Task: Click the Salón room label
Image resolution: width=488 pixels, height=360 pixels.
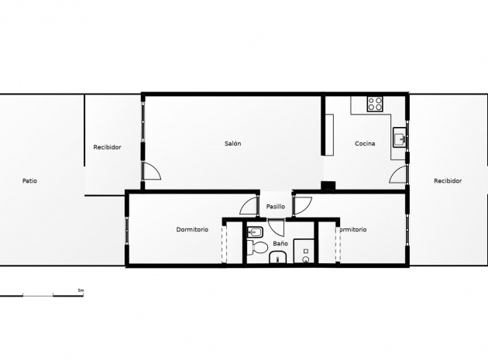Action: coord(232,143)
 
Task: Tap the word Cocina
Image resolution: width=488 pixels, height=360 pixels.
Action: coord(366,143)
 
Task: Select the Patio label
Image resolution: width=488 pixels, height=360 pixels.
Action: coord(29,180)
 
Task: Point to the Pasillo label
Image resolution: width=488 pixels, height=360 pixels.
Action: coord(276,207)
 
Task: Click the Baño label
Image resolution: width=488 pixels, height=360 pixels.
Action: coord(280,243)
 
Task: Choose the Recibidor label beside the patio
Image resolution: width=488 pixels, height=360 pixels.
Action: coord(107,146)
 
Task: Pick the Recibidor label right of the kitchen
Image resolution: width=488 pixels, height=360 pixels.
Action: coord(448,180)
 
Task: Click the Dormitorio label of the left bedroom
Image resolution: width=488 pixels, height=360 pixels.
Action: coord(192,229)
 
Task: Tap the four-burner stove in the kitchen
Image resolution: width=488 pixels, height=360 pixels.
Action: coord(376,103)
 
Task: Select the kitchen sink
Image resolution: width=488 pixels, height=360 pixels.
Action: coord(400,139)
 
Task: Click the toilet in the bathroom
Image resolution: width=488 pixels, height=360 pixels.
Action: coord(258,248)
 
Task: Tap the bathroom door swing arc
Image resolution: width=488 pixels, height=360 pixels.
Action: coord(277,231)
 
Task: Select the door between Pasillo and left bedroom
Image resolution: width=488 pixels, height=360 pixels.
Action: coord(249,207)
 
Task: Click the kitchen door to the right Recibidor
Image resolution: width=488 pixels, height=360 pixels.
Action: coord(400,175)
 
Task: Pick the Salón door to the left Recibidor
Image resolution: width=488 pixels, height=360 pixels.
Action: coord(150,172)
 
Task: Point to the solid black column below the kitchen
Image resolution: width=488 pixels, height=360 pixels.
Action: coord(328,186)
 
